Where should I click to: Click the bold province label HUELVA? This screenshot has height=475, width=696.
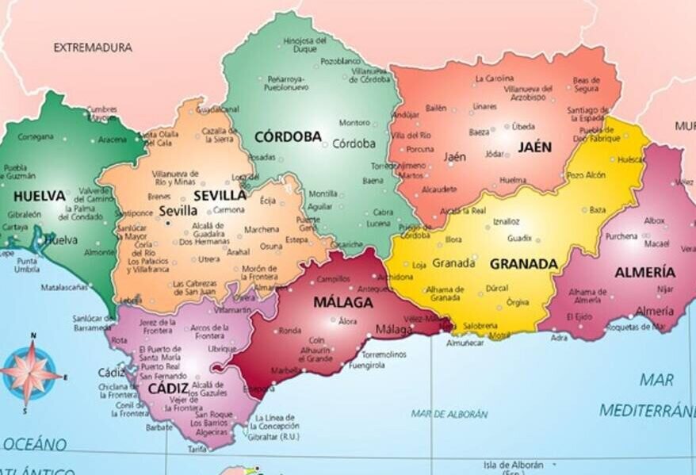[39, 195]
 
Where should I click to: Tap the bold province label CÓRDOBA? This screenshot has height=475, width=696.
[288, 136]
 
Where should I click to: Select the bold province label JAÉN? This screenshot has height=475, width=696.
[534, 147]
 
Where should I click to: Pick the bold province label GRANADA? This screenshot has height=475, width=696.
[523, 264]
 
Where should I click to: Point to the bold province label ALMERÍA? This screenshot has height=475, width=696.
[645, 272]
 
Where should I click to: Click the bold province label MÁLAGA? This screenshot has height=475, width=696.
[342, 302]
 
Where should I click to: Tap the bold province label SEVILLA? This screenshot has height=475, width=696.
[220, 195]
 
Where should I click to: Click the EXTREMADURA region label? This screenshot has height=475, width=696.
[93, 48]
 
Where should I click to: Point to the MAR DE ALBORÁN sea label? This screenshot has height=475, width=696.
[449, 414]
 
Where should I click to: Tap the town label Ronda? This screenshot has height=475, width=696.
[289, 331]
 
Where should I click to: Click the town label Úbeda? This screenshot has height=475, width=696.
[523, 126]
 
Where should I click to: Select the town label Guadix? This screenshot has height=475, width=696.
[519, 238]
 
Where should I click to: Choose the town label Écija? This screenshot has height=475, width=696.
[268, 201]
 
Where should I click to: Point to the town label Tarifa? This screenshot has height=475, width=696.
[197, 449]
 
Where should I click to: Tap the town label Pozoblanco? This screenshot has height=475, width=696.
[340, 61]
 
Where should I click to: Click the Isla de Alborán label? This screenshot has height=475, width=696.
[514, 465]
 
